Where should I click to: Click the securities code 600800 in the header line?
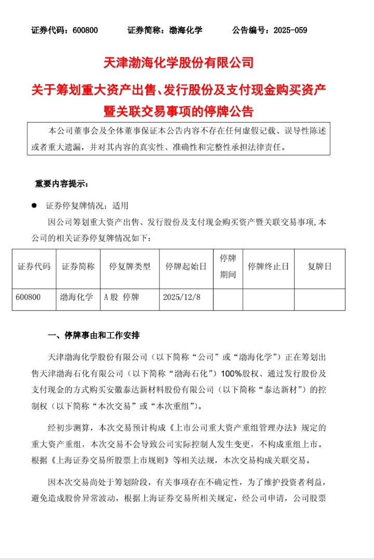84,30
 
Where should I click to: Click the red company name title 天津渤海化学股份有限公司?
179,63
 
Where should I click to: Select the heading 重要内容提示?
61,184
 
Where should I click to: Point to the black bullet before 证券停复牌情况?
34,205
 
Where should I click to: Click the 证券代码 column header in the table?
34,266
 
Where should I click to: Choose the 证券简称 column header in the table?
78,266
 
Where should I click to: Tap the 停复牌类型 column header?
129,266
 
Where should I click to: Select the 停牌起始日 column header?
185,266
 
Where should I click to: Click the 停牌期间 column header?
228,266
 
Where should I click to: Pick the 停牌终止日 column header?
268,266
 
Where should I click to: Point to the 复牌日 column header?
319,266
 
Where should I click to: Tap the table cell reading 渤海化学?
76,298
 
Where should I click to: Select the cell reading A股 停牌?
124,298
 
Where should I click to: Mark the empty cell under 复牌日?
319,299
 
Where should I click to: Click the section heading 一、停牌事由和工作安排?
94,335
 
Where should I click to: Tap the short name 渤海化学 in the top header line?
186,30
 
